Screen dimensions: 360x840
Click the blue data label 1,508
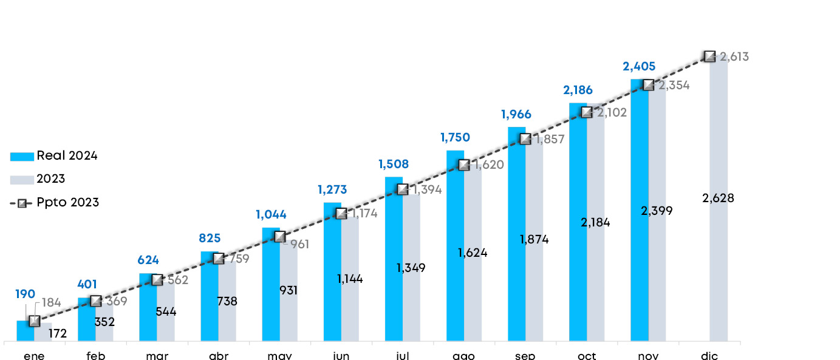pyautogui.click(x=394, y=164)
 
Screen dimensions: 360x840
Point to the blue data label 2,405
pyautogui.click(x=640, y=66)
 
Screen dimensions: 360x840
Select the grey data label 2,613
pyautogui.click(x=734, y=57)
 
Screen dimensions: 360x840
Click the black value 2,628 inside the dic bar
pyautogui.click(x=718, y=198)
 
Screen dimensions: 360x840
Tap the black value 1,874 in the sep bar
pyautogui.click(x=534, y=239)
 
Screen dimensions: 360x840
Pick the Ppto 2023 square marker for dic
pyautogui.click(x=709, y=56)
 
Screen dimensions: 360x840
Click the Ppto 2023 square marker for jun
pyautogui.click(x=341, y=213)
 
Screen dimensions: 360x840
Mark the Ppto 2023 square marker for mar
pyautogui.click(x=157, y=279)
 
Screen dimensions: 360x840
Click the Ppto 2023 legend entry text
pyautogui.click(x=67, y=202)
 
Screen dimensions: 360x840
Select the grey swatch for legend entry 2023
pyautogui.click(x=22, y=180)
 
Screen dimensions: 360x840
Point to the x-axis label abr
pyautogui.click(x=219, y=356)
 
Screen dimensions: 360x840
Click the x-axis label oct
pyautogui.click(x=587, y=356)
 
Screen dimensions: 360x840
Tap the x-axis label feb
pyautogui.click(x=96, y=356)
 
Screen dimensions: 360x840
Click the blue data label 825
pyautogui.click(x=210, y=238)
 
